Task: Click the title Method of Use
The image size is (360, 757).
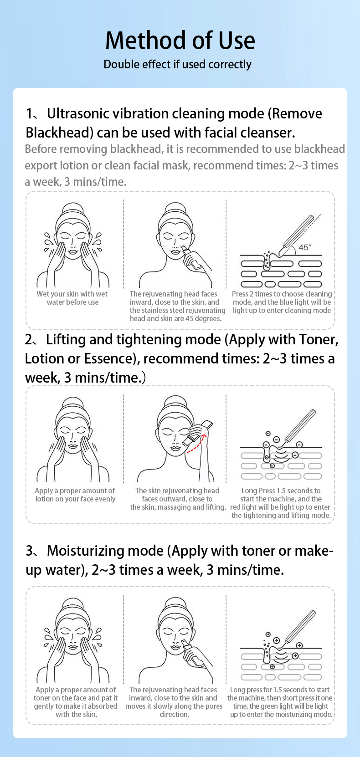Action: [180, 40]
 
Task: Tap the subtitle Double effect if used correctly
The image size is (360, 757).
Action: [177, 64]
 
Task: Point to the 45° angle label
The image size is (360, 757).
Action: [304, 247]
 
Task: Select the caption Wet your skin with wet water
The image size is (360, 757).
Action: [72, 298]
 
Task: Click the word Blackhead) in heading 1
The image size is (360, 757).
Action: [60, 133]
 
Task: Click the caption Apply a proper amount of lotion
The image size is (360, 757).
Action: [75, 495]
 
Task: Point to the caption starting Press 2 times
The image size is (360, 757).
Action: [282, 302]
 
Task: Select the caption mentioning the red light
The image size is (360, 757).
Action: [281, 503]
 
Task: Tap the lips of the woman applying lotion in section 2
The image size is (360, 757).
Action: [73, 446]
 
